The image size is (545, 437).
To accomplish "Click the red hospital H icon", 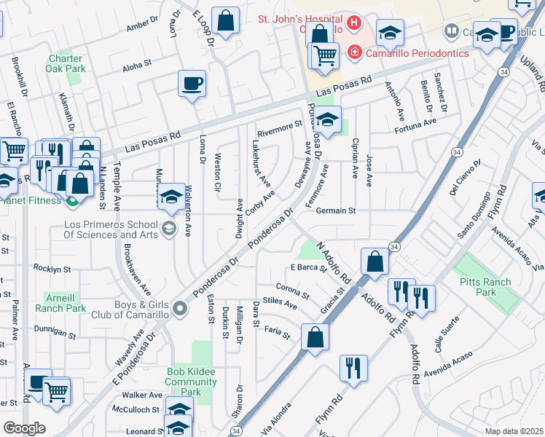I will [x=354, y=23].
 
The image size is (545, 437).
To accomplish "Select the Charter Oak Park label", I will [x=67, y=64].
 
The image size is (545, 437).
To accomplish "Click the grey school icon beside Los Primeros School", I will [x=170, y=229].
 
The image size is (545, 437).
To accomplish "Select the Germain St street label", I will [x=336, y=211].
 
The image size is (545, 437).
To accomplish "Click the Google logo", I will [x=25, y=428].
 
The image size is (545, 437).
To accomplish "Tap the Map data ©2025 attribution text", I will [x=513, y=431].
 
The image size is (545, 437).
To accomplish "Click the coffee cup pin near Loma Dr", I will [x=192, y=84].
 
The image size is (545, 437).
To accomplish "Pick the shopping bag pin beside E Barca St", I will [x=375, y=261].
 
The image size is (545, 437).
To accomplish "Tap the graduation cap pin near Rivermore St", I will [x=328, y=120].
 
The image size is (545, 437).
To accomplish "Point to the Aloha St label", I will [x=137, y=64].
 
